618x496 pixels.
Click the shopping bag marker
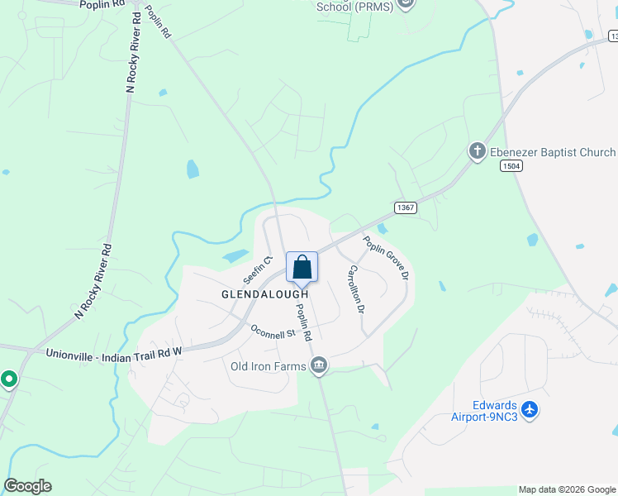tap(302, 268)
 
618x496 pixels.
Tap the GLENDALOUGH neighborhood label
tap(264, 294)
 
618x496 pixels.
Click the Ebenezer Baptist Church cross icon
tap(477, 151)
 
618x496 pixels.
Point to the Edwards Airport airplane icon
tap(530, 410)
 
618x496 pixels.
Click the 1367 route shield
tap(405, 207)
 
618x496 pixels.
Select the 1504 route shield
tap(511, 166)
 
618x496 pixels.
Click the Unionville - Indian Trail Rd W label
tap(113, 353)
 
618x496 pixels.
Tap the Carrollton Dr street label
tap(354, 289)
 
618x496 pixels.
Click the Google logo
tap(27, 486)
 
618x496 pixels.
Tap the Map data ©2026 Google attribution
tap(567, 489)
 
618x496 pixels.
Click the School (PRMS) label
tap(356, 6)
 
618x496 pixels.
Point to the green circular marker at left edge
tap(9, 379)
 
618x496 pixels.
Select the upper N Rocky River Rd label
tap(132, 51)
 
